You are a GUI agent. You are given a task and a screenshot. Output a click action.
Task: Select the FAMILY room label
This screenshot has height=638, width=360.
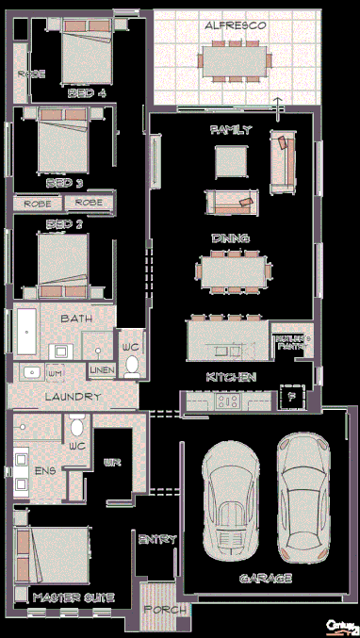[231, 129]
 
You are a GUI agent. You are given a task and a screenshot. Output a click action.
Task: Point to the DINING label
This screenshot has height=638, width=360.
[230, 238]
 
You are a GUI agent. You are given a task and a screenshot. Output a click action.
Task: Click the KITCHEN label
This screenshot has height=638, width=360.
[232, 377]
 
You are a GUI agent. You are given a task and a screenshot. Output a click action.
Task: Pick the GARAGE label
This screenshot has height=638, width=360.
[266, 577]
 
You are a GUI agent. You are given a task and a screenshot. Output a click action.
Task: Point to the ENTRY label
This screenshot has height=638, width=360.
[157, 539]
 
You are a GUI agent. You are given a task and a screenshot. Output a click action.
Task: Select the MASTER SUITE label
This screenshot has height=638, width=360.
[73, 597]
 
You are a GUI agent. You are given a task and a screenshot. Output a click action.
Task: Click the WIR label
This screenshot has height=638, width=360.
[111, 463]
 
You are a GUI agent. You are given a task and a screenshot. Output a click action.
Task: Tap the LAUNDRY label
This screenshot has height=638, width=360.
[73, 397]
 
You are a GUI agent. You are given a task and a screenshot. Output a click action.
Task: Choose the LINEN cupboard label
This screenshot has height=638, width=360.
[102, 370]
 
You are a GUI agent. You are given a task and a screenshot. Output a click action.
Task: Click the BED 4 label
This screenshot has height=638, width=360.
[87, 93]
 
